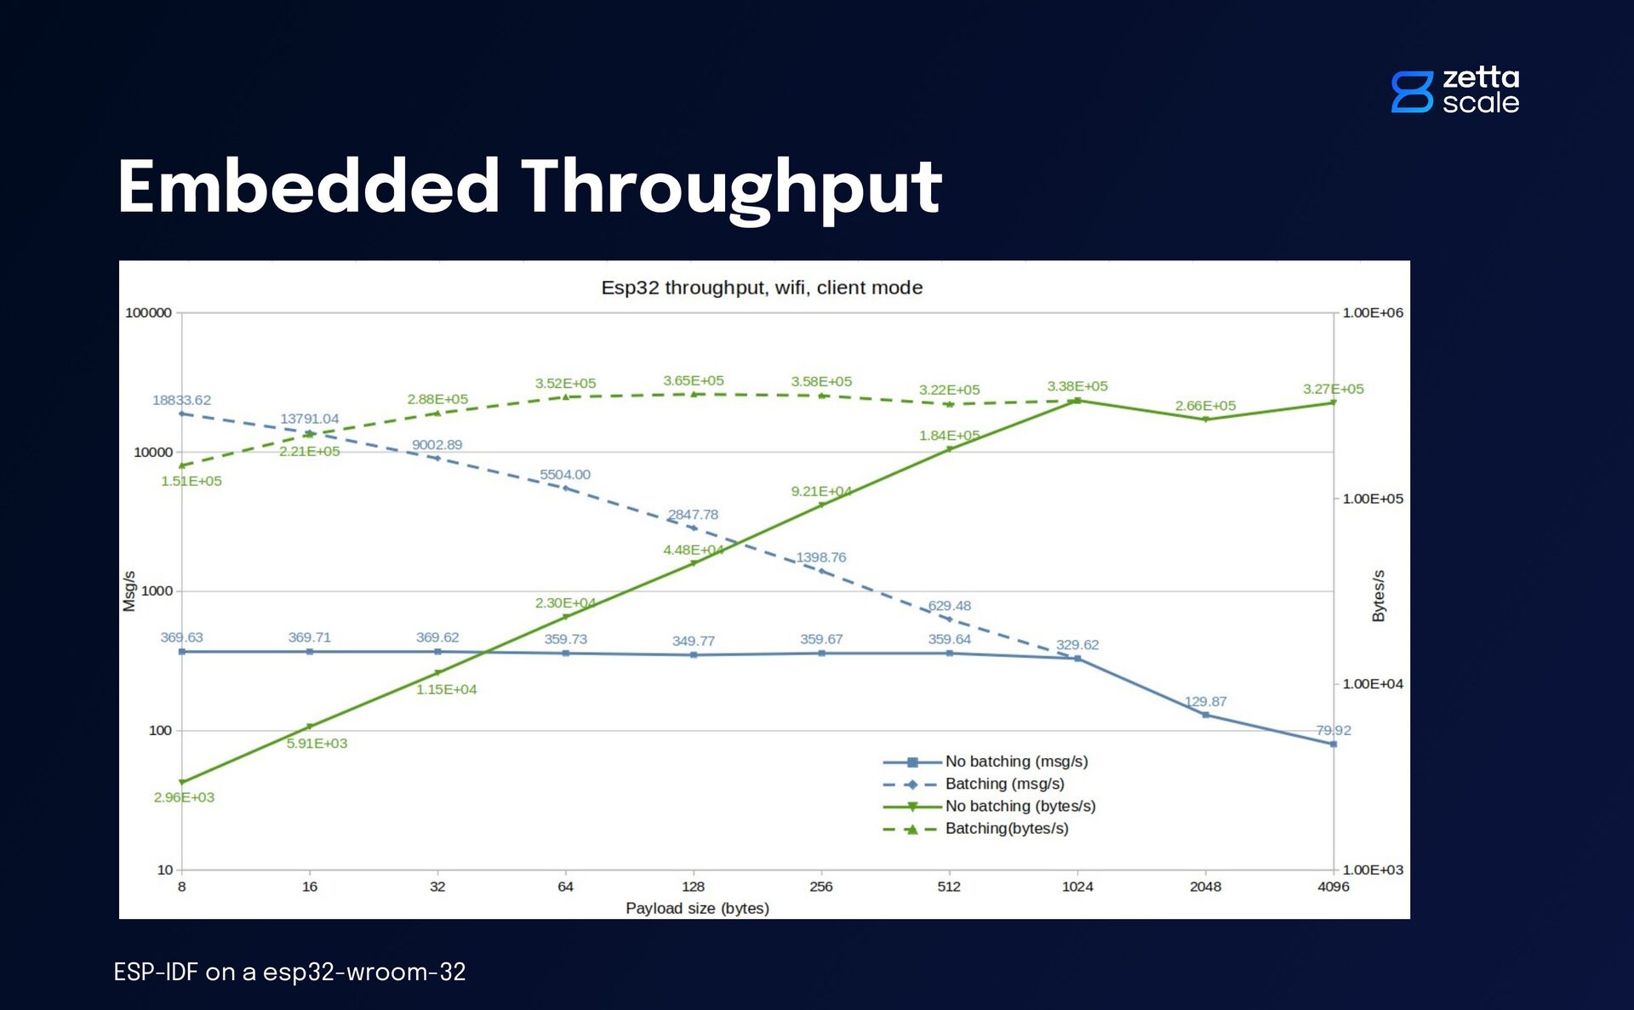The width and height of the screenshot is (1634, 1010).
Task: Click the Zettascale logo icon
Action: tap(1412, 91)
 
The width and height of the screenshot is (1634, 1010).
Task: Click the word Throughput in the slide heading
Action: tap(731, 188)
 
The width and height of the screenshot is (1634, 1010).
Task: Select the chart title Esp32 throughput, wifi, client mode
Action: tap(762, 288)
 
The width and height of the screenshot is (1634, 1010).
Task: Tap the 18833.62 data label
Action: tap(181, 400)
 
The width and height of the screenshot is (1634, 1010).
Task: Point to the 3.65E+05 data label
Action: tap(694, 380)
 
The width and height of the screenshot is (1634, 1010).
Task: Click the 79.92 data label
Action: tap(1333, 730)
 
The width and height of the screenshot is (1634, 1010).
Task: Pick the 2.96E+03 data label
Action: tap(184, 797)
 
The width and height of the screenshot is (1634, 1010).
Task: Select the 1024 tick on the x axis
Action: tap(1077, 887)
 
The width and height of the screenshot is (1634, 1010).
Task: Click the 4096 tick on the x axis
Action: tap(1333, 887)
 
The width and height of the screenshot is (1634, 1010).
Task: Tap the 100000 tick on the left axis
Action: tap(148, 313)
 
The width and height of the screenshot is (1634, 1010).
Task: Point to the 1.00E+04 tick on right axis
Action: tap(1373, 684)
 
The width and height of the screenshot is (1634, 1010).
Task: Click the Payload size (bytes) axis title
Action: tap(697, 908)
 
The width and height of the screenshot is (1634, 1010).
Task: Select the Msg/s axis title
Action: tap(129, 591)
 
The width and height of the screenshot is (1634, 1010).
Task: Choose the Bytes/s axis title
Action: tap(1379, 596)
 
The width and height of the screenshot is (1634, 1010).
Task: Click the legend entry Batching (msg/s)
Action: tap(1004, 784)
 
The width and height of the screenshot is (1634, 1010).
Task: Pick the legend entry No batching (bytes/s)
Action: tap(1020, 806)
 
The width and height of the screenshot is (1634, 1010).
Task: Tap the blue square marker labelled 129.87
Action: tap(1205, 715)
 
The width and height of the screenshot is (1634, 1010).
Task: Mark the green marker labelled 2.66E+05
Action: tap(1205, 419)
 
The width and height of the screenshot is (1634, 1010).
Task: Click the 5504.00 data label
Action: tap(565, 475)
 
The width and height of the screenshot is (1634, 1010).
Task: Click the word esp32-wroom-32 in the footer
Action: tap(364, 972)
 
